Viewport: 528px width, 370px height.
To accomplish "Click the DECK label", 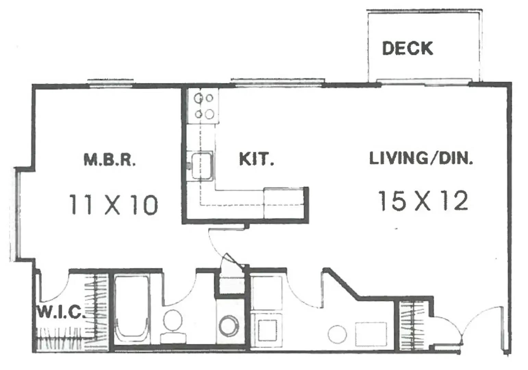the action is point(407,48).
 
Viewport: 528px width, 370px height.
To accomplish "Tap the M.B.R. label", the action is point(110,160).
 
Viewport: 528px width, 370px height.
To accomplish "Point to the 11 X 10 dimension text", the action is point(113,205).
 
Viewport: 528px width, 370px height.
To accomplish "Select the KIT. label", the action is point(257,159).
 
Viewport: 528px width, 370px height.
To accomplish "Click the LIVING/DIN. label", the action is point(421,158).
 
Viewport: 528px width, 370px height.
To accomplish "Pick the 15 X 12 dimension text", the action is point(423,201).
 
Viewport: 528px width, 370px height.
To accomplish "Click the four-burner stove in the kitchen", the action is point(203,106).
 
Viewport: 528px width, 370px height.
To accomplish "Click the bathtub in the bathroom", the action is point(132,309).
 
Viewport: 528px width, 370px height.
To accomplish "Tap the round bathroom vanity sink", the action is point(229,326).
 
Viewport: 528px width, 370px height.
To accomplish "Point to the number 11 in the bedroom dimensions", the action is point(80,205).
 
